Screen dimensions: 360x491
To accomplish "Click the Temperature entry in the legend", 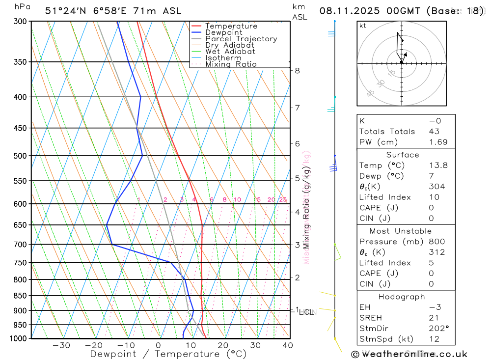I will pyautogui.click(x=231, y=26).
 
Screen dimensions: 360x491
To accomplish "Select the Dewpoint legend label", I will pyautogui.click(x=223, y=32).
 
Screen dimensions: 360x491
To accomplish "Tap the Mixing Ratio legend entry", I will pyautogui.click(x=231, y=64).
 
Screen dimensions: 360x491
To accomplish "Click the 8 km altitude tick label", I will pyautogui.click(x=297, y=70).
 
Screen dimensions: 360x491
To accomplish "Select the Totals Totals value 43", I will pyautogui.click(x=434, y=131).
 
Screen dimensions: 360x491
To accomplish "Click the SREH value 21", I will pyautogui.click(x=434, y=318).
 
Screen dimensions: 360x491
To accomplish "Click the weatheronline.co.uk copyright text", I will pyautogui.click(x=409, y=354).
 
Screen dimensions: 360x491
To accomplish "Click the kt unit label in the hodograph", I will pyautogui.click(x=363, y=26).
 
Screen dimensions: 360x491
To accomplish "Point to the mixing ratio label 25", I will pyautogui.click(x=283, y=199).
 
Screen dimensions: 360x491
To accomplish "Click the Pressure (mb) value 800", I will pyautogui.click(x=436, y=242).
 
